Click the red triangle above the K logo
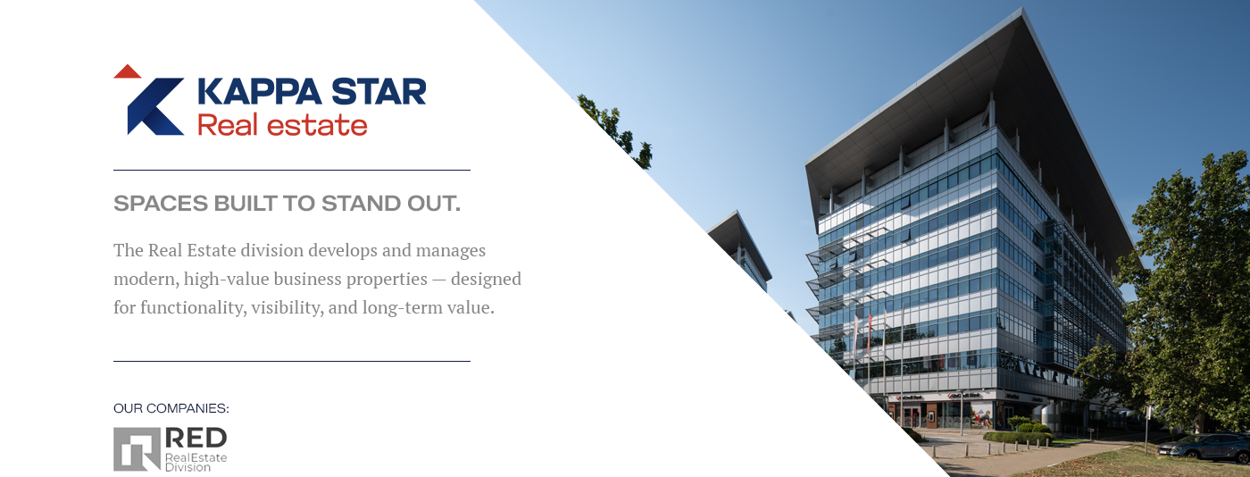127,71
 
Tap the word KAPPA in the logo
260,92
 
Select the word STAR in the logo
379,92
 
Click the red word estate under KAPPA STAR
317,125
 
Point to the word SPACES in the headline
161,204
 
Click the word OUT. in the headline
434,204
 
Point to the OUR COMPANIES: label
171,408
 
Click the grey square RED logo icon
137,449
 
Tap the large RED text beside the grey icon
196,438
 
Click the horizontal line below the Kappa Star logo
292,170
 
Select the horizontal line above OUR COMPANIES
292,362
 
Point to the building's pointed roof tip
1022,9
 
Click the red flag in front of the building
869,331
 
